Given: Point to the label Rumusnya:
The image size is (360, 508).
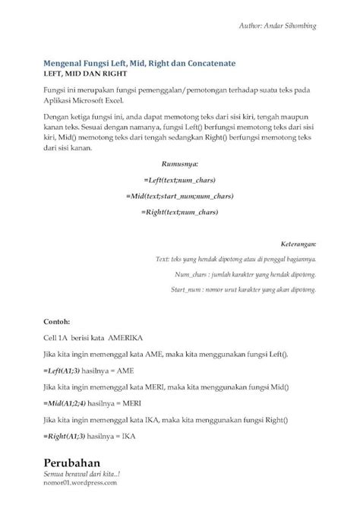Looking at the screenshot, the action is [x=180, y=163].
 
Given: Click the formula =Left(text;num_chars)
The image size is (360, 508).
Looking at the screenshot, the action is [x=179, y=180].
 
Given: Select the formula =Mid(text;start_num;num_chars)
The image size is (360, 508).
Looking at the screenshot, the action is [x=180, y=196].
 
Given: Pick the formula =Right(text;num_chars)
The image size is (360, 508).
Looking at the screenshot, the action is [x=179, y=213].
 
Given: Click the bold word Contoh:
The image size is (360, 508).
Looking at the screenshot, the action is [x=56, y=321].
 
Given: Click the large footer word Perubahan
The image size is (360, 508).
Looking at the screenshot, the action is [x=72, y=462].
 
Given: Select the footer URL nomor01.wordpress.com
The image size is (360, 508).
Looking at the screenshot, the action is [x=80, y=481].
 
